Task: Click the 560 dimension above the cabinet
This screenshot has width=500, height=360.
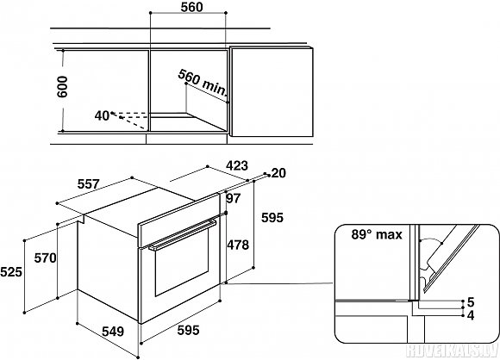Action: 191,7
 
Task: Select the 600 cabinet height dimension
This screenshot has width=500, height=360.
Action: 61,87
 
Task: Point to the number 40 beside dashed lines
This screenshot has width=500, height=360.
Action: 102,115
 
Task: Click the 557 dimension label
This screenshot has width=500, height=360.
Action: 88,183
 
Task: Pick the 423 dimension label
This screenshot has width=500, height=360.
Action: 236,165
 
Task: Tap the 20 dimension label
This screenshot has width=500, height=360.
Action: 278,173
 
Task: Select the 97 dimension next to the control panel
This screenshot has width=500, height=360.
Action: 233,198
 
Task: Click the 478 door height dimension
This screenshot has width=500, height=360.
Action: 238,245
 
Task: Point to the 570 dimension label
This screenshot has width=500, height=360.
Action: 46,258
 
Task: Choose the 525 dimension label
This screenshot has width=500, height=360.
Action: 11,272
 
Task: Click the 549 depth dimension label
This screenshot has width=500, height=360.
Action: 113,332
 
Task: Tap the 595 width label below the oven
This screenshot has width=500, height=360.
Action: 188,330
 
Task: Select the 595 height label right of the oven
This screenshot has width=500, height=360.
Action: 272,218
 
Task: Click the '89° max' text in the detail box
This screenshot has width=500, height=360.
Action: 377,234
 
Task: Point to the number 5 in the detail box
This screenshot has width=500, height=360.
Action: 471,302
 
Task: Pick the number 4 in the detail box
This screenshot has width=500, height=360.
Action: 471,315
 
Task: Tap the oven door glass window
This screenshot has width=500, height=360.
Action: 182,262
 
